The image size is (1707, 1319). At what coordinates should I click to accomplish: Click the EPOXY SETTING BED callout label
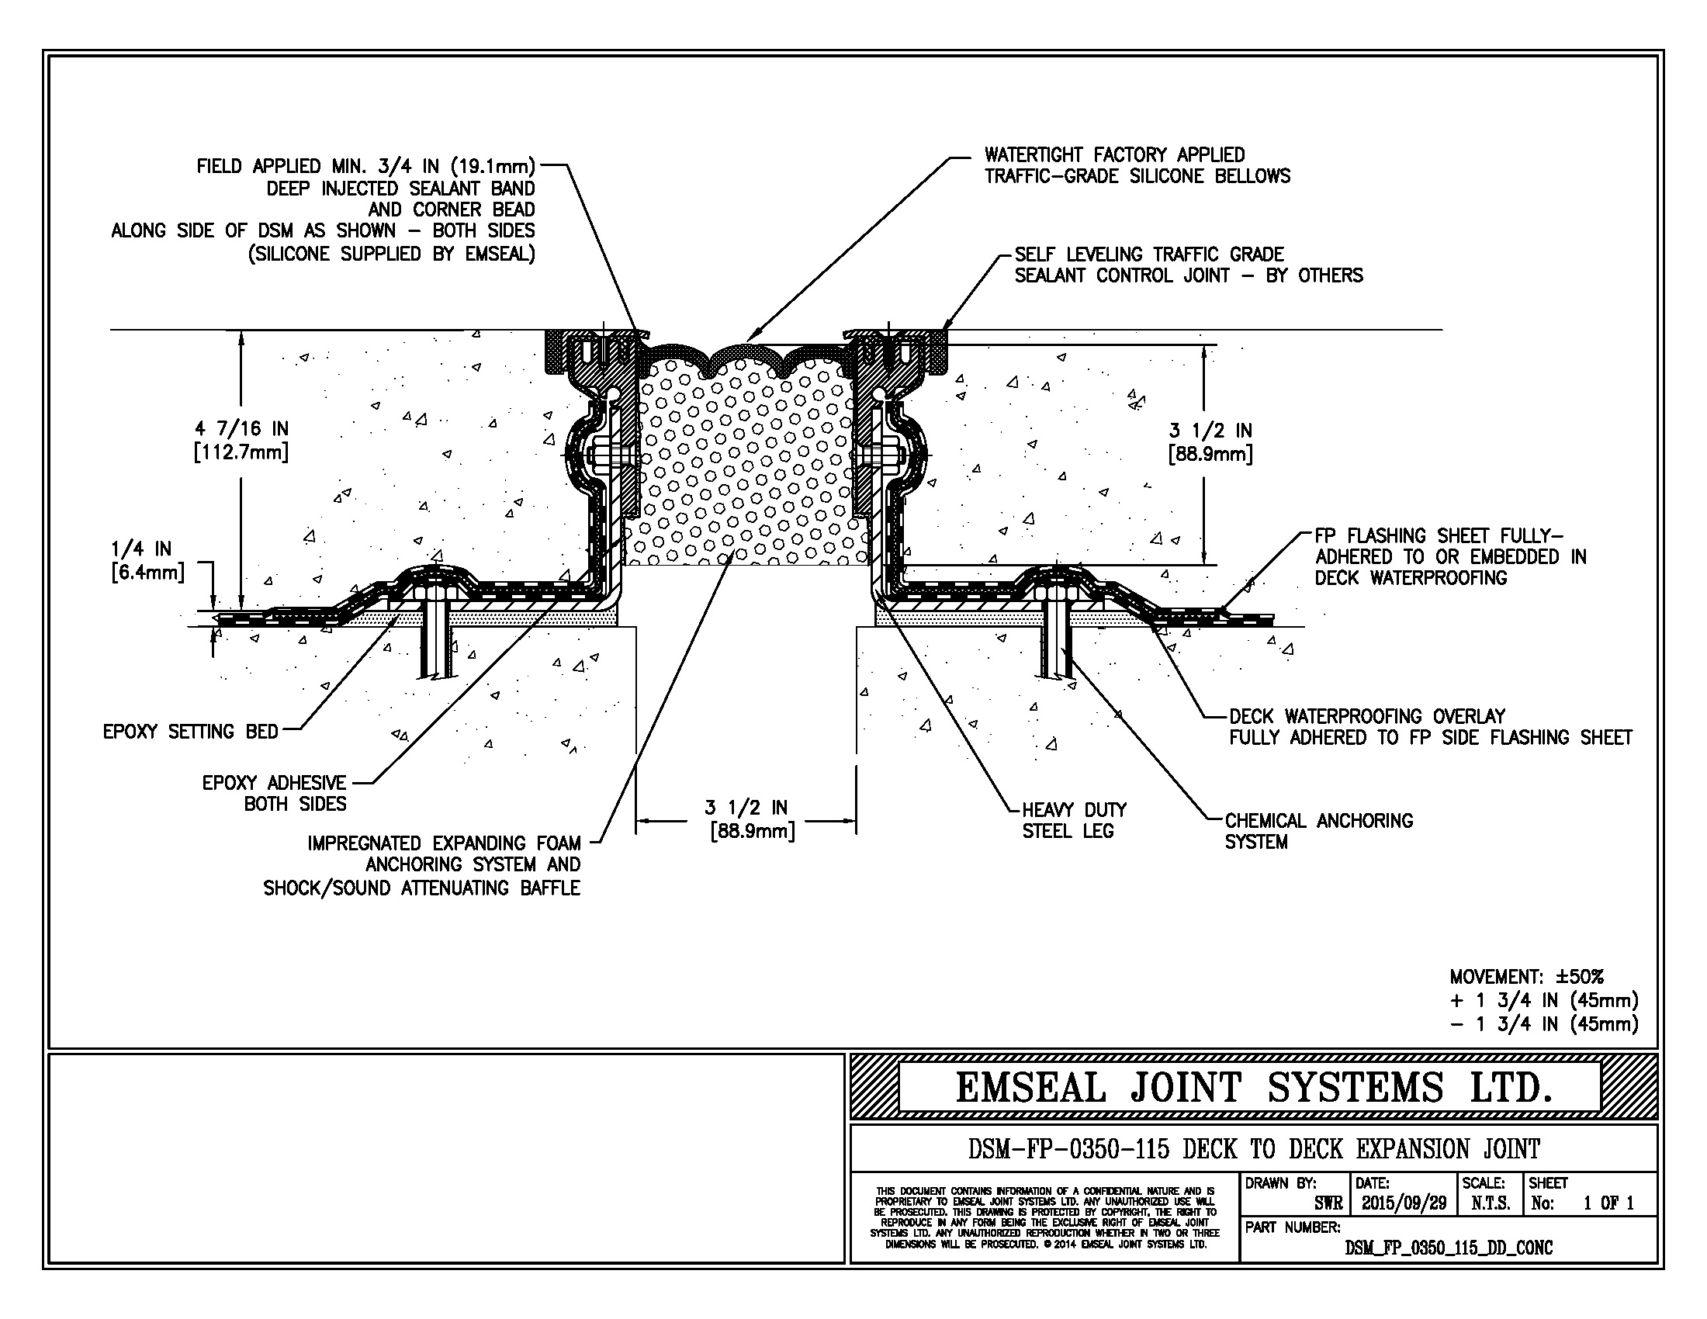[x=191, y=732]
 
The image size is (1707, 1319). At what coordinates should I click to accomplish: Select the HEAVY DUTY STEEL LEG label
[x=1074, y=819]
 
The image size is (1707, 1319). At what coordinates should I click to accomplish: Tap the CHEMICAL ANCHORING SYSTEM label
[x=1318, y=831]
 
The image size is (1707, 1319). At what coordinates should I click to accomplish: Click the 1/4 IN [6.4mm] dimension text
[x=147, y=560]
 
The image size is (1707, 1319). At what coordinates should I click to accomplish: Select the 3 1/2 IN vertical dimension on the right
[x=1210, y=442]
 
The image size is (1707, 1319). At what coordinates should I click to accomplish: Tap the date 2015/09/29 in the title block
[x=1404, y=1203]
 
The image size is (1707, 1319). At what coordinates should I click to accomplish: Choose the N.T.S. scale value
[x=1491, y=1203]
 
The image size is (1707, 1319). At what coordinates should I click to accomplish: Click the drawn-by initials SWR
[x=1328, y=1203]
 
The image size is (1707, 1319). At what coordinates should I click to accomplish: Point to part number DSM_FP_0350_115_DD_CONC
[x=1449, y=1248]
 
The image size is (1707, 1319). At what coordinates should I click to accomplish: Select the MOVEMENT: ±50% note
[x=1526, y=977]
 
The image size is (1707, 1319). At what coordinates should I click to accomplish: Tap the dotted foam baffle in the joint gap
[x=749, y=461]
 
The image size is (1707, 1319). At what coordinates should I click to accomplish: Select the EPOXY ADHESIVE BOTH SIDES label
[x=274, y=793]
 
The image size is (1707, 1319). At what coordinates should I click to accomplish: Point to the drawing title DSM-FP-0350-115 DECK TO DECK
[x=1254, y=1148]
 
